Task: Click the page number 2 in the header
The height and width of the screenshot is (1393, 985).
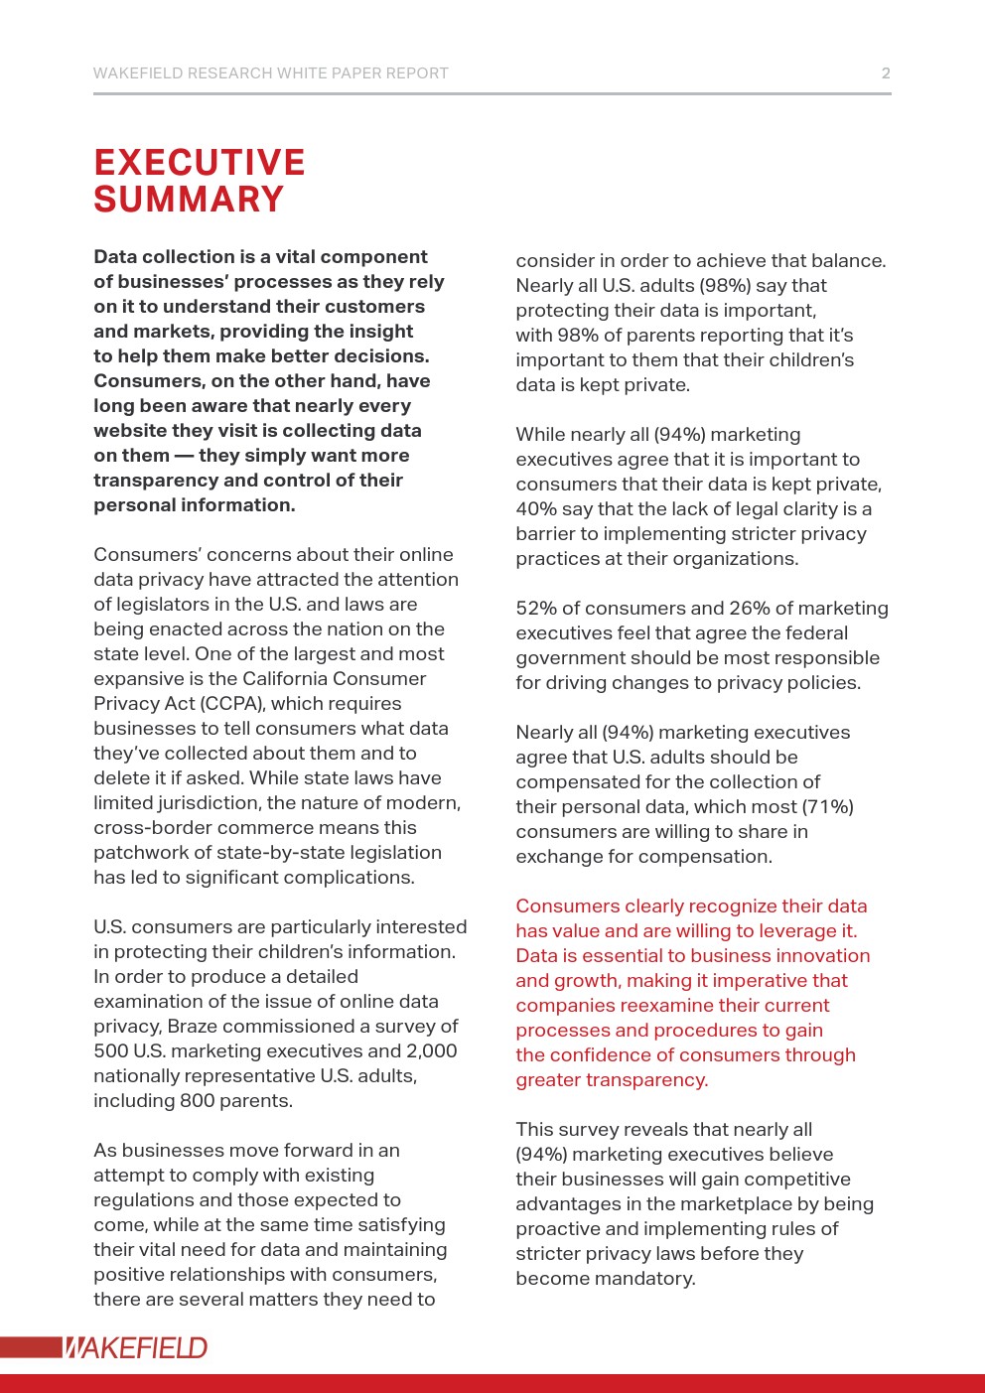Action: pyautogui.click(x=886, y=73)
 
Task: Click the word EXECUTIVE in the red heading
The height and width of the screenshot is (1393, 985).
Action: pyautogui.click(x=200, y=163)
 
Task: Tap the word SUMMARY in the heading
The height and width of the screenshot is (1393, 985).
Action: pyautogui.click(x=189, y=200)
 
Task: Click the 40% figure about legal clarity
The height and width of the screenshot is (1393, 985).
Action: pyautogui.click(x=536, y=509)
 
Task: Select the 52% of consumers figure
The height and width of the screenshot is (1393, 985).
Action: pyautogui.click(x=536, y=609)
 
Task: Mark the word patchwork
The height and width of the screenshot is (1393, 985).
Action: pyautogui.click(x=141, y=853)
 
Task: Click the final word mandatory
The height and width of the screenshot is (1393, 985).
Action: pyautogui.click(x=646, y=1279)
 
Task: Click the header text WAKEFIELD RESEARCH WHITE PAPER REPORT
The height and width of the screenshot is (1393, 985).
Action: pyautogui.click(x=270, y=73)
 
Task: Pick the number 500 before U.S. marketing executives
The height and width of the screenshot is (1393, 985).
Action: pyautogui.click(x=112, y=1051)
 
